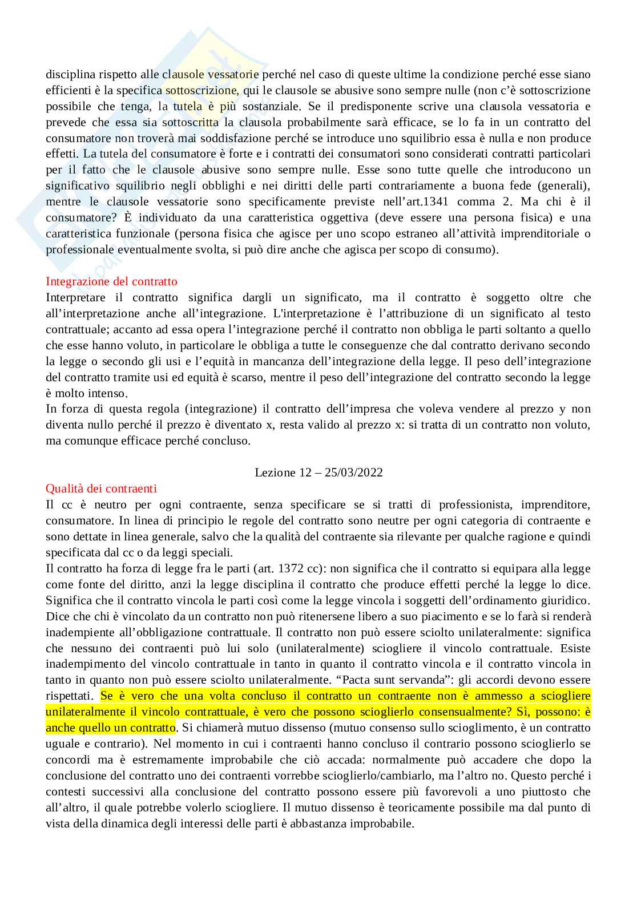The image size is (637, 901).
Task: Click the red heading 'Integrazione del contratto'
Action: click(111, 281)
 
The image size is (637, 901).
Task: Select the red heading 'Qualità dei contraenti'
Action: click(101, 488)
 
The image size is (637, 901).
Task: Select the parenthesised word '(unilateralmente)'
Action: click(325, 648)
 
